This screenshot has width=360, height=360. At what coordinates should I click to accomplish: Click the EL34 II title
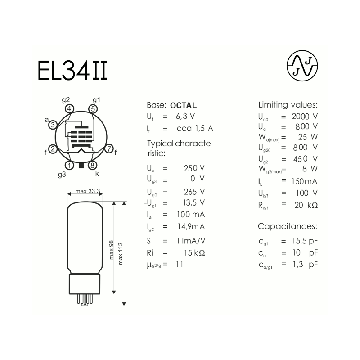pos(72,70)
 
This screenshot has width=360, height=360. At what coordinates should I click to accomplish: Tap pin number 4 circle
pos(69,109)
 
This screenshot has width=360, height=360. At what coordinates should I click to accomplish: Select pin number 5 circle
pos(93,109)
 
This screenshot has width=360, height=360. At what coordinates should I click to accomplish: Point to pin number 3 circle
pos(53,125)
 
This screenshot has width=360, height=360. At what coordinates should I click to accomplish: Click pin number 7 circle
pos(109,149)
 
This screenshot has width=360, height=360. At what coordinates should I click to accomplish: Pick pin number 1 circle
pos(69,165)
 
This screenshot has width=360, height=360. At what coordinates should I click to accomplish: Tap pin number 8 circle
pos(92,165)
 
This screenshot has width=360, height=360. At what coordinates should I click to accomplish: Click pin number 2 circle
pos(53,149)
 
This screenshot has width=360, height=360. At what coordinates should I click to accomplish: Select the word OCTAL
pos(183,105)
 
